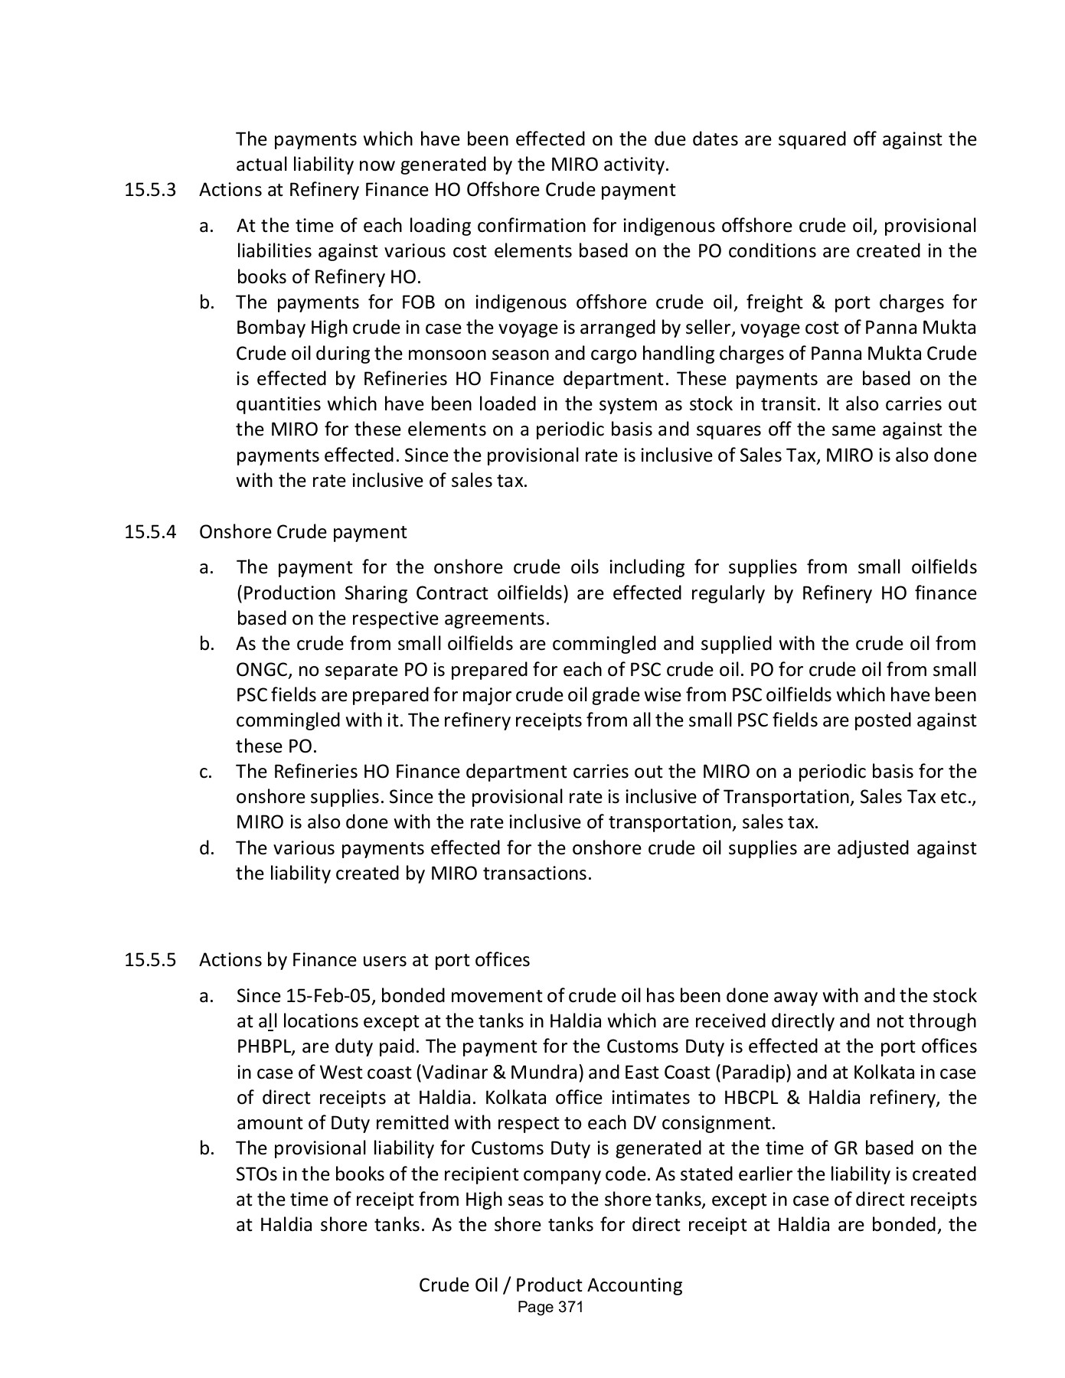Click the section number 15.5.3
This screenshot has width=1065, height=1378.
tap(150, 190)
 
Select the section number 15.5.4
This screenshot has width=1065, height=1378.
tap(150, 531)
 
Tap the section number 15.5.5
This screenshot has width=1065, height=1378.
tap(150, 960)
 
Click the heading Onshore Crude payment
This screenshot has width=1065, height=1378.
tap(303, 531)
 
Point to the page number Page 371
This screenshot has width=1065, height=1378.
tap(550, 1308)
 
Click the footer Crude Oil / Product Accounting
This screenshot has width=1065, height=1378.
tap(550, 1285)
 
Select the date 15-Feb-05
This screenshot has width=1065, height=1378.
tap(329, 996)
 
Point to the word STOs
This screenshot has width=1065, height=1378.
tap(256, 1174)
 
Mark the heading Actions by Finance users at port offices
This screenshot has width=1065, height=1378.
tap(364, 960)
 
